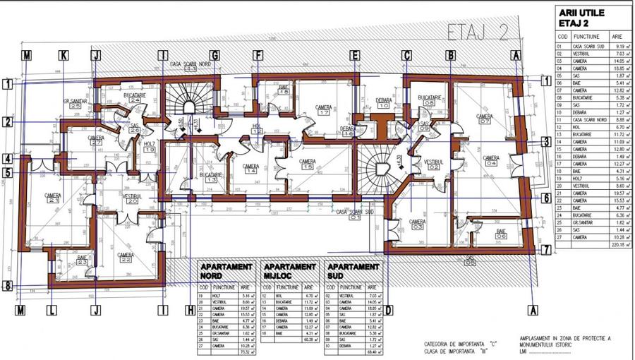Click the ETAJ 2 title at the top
pyautogui.click(x=479, y=32)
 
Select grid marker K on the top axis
pyautogui.click(x=64, y=55)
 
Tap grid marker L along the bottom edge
pyautogui.click(x=52, y=309)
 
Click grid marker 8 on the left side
pyautogui.click(x=8, y=286)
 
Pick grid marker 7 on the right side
pyautogui.click(x=546, y=249)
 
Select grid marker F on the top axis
pyautogui.click(x=258, y=55)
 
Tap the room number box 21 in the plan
pyautogui.click(x=52, y=200)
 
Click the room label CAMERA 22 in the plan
pyautogui.click(x=126, y=258)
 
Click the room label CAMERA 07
pyautogui.click(x=484, y=119)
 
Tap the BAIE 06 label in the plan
pyautogui.click(x=501, y=234)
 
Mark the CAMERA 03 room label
pyautogui.click(x=418, y=224)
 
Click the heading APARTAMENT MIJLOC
pyautogui.click(x=289, y=272)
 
